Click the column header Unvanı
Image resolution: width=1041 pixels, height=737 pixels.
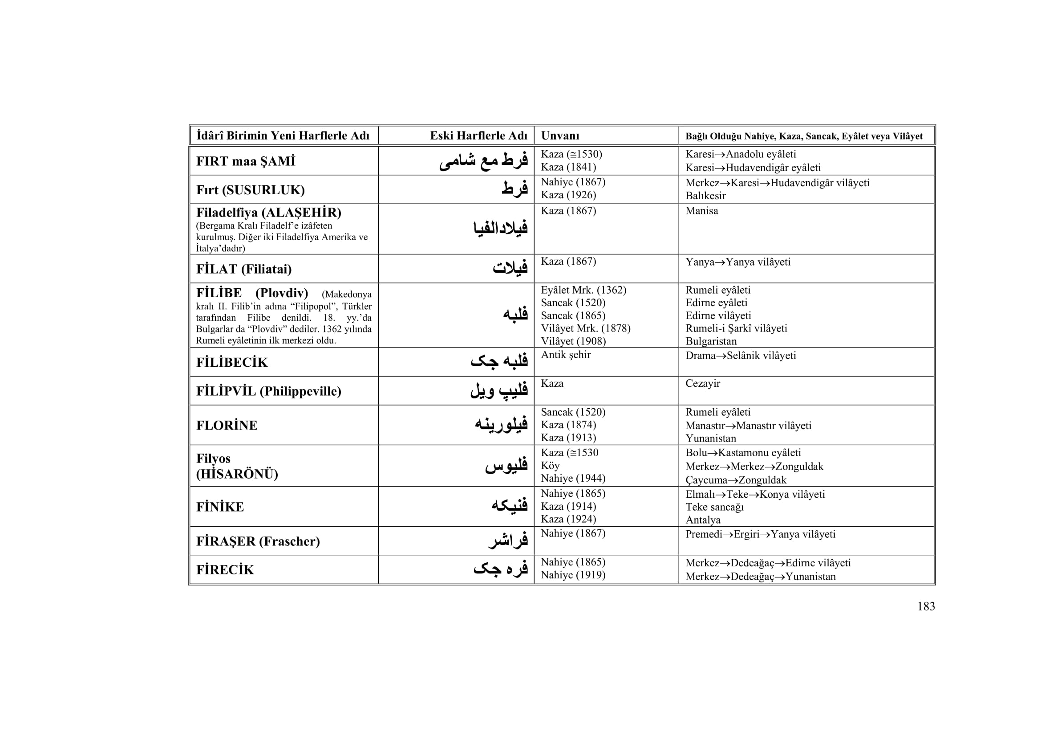[560, 136]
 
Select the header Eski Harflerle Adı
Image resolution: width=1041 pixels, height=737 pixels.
[478, 136]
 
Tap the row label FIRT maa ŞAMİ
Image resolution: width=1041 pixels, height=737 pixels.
[245, 161]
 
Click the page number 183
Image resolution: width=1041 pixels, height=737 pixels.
[926, 606]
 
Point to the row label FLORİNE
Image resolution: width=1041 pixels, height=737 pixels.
[227, 425]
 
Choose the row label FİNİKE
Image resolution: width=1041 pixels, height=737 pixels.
[220, 507]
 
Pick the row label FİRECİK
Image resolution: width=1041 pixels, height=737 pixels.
[225, 569]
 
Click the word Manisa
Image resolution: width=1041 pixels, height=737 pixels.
[701, 211]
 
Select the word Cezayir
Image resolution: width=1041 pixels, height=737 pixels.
[702, 384]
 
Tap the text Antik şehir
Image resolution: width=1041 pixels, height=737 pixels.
[565, 355]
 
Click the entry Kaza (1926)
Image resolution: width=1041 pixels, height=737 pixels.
[568, 195]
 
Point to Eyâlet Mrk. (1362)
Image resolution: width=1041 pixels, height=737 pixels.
[583, 290]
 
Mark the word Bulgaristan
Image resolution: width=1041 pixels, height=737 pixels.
[711, 341]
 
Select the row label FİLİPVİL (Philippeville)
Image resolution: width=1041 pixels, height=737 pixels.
[268, 391]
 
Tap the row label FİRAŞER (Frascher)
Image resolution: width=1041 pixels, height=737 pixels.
[258, 541]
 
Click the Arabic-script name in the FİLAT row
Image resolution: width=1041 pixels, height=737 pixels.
[510, 268]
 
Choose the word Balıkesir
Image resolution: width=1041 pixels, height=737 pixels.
[705, 196]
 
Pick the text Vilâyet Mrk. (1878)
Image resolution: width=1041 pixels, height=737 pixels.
[585, 328]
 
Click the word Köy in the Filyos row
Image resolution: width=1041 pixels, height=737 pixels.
[550, 466]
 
